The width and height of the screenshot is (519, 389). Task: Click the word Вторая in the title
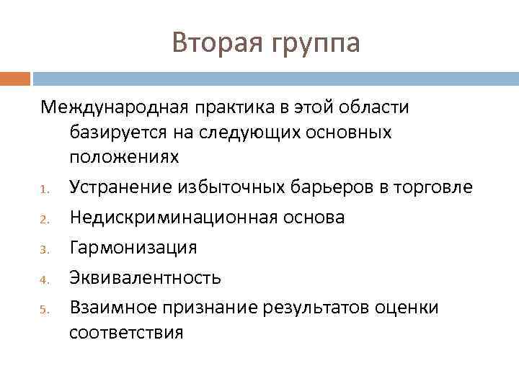[x=216, y=43]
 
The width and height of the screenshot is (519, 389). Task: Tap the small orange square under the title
[x=15, y=78]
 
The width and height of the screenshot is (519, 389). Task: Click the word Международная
[x=115, y=107]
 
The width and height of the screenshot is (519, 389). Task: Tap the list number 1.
[x=44, y=191]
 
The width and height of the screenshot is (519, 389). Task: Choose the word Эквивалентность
[x=145, y=278]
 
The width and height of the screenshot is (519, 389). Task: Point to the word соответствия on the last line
[x=126, y=333]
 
